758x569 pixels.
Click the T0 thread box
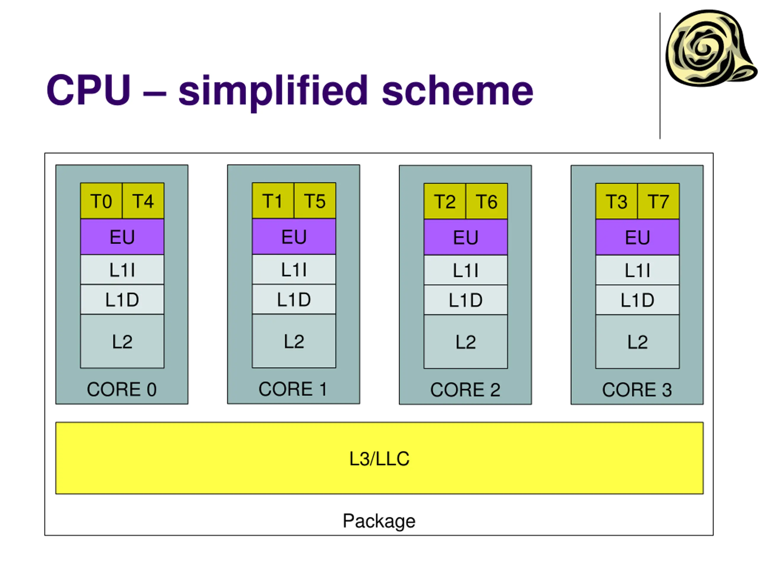coord(102,201)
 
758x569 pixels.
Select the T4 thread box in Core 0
coord(143,201)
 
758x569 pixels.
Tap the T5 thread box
coord(315,200)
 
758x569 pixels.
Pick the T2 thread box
coord(445,201)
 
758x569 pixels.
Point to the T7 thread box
coord(658,201)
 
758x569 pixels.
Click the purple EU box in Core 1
coord(294,236)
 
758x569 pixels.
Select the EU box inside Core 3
coord(637,237)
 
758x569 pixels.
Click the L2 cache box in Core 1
coord(294,341)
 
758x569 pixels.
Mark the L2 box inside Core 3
coord(637,342)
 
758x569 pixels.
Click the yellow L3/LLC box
coord(379,458)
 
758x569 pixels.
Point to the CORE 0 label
coord(122,389)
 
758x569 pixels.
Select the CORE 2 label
coord(465,390)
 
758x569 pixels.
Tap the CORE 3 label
coord(637,390)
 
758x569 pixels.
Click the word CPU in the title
coord(89,90)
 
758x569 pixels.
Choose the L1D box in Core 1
coord(294,299)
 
